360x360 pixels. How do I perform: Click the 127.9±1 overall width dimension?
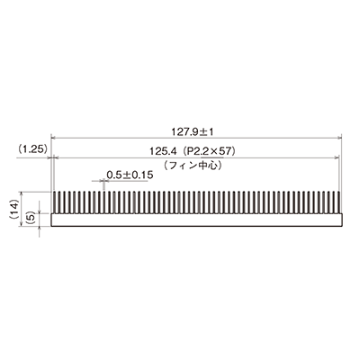pyautogui.click(x=193, y=132)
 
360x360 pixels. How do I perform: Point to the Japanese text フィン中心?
pyautogui.click(x=193, y=166)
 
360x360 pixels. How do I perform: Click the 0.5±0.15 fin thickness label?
pyautogui.click(x=130, y=175)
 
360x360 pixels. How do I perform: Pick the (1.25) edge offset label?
pyautogui.click(x=31, y=149)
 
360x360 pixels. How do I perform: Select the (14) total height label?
pyautogui.click(x=14, y=209)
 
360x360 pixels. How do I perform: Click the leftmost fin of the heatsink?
pyautogui.click(x=54, y=202)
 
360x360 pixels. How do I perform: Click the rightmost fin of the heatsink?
pyautogui.click(x=339, y=202)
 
